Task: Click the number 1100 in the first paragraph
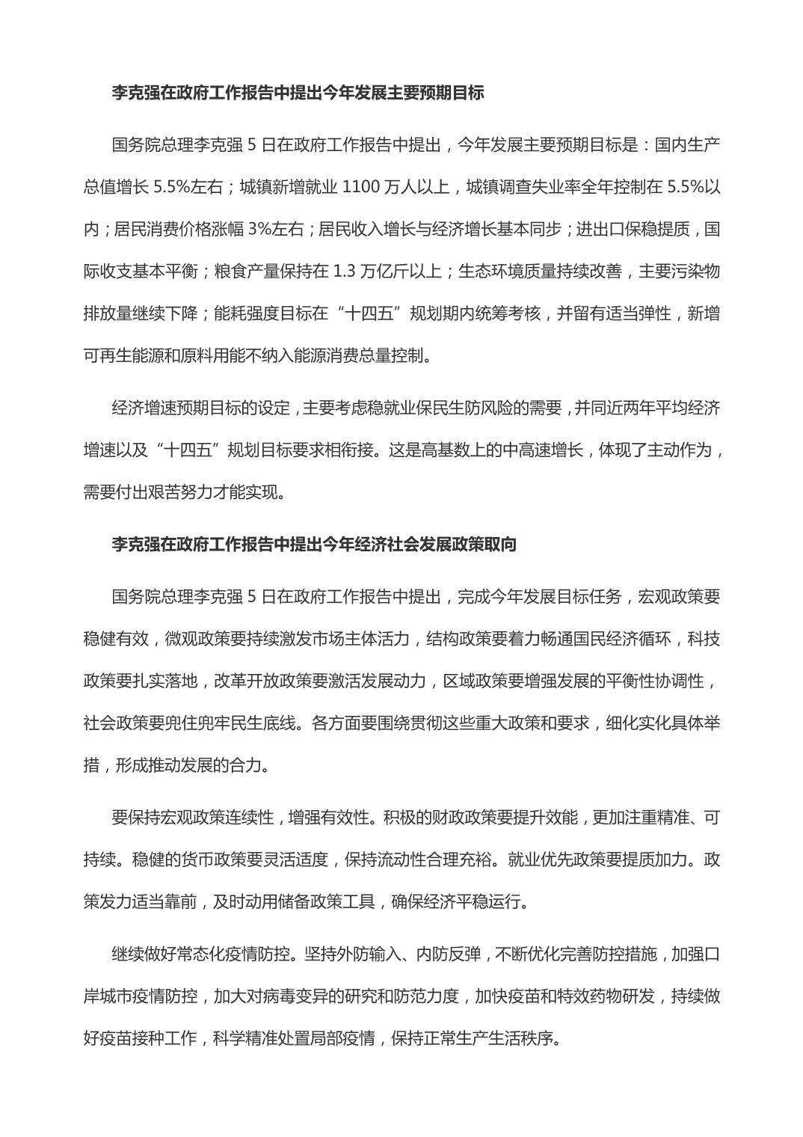coord(360,187)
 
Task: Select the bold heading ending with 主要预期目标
coord(298,93)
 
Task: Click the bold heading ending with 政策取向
coord(314,545)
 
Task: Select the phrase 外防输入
coord(359,954)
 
